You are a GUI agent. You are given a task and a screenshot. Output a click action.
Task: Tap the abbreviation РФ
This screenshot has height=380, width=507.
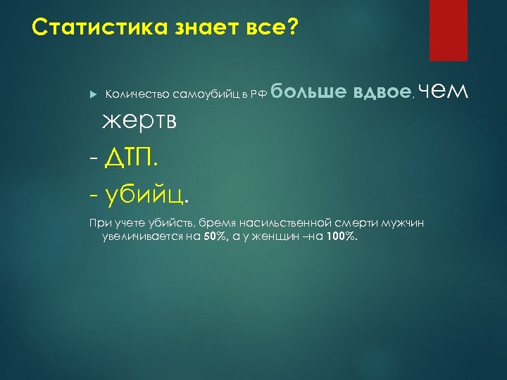(x=256, y=95)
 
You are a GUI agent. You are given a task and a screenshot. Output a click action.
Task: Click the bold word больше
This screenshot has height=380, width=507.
(x=308, y=92)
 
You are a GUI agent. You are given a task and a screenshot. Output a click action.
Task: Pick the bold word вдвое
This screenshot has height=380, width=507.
(x=381, y=92)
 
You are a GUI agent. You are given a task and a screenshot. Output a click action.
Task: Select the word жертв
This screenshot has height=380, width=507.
(x=139, y=122)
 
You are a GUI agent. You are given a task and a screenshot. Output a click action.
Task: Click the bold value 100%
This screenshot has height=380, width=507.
(x=342, y=236)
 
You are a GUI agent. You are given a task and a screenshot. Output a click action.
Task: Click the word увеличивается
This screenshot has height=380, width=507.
(x=143, y=236)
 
